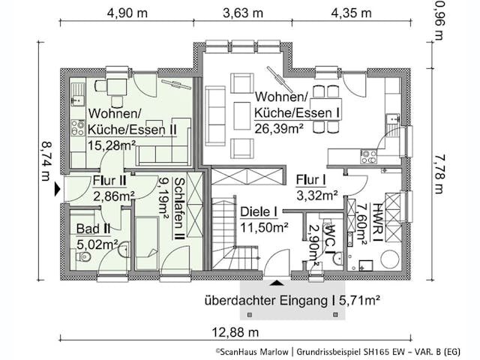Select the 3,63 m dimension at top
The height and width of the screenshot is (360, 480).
click(243, 13)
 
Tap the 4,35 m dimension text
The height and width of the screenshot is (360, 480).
click(350, 13)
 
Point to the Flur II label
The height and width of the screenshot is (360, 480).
click(109, 181)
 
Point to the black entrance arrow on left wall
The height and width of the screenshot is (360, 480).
click(55, 190)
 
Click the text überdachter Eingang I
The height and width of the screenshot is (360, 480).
click(268, 301)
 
